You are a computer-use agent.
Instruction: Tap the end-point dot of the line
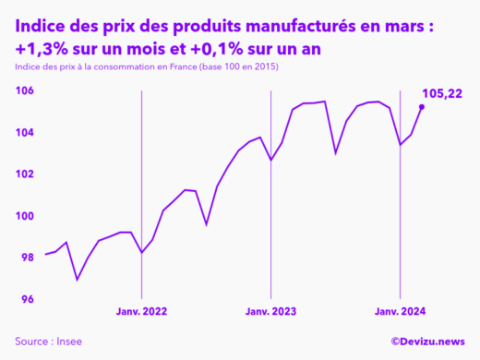coord(422,107)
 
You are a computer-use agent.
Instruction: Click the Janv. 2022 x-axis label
coord(141,313)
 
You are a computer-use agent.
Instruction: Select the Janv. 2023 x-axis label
coord(270,313)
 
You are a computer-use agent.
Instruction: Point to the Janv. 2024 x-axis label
coord(399,313)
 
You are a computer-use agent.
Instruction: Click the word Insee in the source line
coord(68,342)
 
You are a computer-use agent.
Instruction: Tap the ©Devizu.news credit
coord(427,342)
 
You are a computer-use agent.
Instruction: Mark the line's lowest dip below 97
coord(78,280)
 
